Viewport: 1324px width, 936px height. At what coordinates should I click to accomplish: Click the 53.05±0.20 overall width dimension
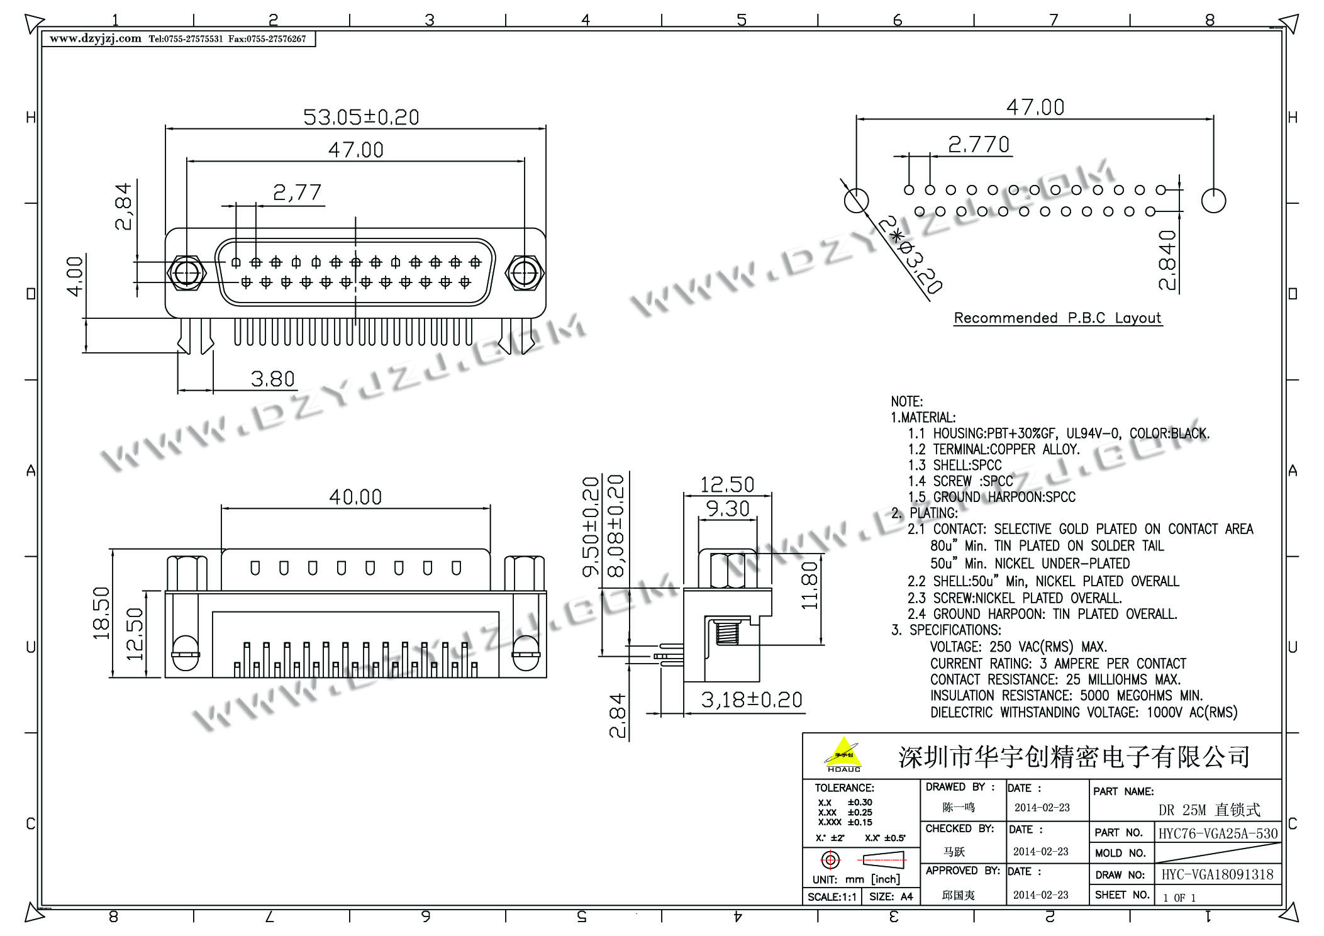coord(361,117)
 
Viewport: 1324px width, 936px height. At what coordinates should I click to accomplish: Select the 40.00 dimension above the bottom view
coord(355,497)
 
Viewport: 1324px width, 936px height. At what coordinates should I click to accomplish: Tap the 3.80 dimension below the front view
coord(272,379)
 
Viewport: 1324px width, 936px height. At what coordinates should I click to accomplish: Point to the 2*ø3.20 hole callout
coord(910,255)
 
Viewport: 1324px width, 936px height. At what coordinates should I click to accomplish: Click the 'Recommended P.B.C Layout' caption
coord(1057,318)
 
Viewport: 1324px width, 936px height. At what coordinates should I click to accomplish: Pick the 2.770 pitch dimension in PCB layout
coord(979,145)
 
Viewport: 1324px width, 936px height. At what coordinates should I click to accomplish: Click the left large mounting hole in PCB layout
coord(856,201)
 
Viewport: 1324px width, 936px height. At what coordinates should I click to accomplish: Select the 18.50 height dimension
coord(101,613)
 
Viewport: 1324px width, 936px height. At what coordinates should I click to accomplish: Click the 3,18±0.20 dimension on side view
coord(752,699)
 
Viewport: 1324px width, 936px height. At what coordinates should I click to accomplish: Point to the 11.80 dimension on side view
coord(810,585)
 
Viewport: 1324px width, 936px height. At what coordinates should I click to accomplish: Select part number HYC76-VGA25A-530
coord(1218,833)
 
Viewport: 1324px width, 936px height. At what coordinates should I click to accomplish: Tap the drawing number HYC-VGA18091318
coord(1217,874)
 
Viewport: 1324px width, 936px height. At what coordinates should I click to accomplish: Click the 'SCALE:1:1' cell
coord(832,896)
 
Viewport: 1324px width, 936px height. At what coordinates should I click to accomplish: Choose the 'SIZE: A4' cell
coord(891,896)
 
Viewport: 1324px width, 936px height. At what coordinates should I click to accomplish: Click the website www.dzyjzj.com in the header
coord(96,38)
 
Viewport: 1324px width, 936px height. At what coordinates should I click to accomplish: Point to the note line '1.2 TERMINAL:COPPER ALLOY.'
coord(994,449)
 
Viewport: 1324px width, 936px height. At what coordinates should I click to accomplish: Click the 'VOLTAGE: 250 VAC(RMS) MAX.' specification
coord(1019,647)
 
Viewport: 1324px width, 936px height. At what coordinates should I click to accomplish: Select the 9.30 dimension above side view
coord(728,508)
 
